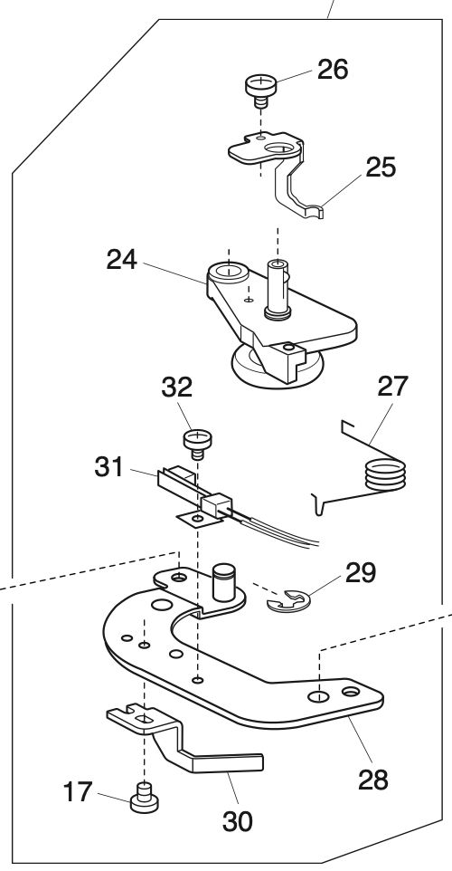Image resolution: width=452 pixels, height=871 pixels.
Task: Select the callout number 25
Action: coord(381,168)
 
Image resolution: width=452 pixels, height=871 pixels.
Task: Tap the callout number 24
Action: coord(122,261)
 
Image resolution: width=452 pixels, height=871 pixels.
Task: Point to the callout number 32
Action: coord(177,388)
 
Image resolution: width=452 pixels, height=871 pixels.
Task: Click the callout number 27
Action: coord(393,387)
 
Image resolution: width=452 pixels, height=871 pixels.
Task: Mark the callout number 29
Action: coord(361,572)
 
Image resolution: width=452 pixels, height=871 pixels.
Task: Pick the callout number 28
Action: coord(372,778)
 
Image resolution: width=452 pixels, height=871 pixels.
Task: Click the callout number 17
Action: coord(76,793)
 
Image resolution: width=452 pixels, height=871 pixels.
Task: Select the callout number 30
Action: coord(237,820)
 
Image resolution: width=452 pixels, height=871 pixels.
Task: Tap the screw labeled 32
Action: coord(196,443)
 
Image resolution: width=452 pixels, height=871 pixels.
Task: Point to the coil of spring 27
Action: coord(385,475)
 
